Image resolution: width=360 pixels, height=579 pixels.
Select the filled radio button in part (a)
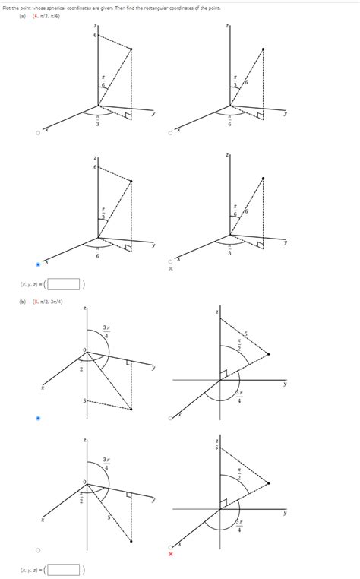coord(39,264)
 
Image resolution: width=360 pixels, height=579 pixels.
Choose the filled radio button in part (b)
coord(39,418)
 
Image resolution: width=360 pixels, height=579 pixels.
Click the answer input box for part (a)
coord(66,285)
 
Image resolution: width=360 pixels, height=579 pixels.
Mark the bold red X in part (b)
coord(171,554)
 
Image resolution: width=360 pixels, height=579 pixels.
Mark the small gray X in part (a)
coord(171,269)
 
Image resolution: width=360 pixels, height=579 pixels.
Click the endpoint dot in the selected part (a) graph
coord(131,181)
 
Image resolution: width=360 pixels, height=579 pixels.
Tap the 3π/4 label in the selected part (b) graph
coord(107,332)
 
